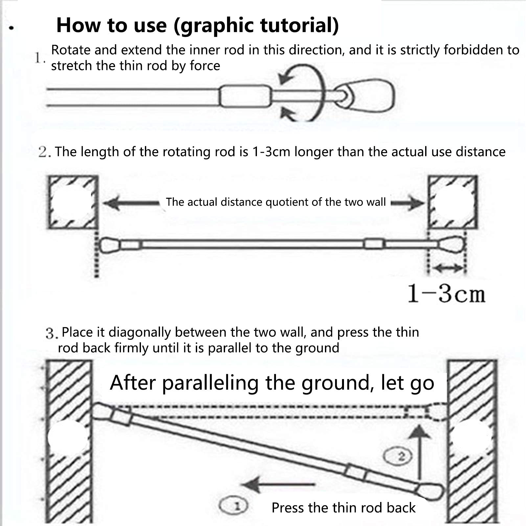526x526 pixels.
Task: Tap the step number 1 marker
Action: coord(39,58)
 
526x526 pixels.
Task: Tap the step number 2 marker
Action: coord(44,152)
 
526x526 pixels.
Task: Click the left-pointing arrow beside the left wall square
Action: coord(131,203)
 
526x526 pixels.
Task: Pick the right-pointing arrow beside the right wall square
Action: coord(407,203)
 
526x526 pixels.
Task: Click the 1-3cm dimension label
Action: coord(446,293)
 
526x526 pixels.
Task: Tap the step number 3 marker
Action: coord(52,333)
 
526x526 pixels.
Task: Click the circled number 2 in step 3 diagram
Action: coord(399,456)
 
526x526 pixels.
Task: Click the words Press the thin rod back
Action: coord(343,508)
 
